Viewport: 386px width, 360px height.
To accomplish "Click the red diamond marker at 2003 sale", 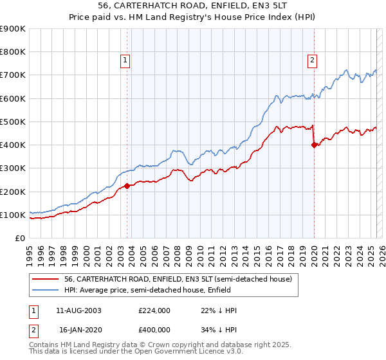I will coord(127,186).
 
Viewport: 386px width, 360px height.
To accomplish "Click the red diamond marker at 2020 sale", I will coord(314,145).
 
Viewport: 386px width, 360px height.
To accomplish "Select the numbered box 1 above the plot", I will coord(124,61).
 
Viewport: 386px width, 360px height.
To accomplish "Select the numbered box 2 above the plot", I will coord(312,61).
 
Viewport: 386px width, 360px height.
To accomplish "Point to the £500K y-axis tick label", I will coord(13,122).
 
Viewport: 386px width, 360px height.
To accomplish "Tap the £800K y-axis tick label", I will coord(13,51).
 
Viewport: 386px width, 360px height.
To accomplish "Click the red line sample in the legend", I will coord(46,279).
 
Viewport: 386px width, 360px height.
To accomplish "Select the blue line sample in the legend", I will coord(46,290).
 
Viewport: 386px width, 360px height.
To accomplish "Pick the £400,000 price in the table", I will coord(154,328).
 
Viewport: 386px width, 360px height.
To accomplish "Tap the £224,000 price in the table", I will coord(154,310).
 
